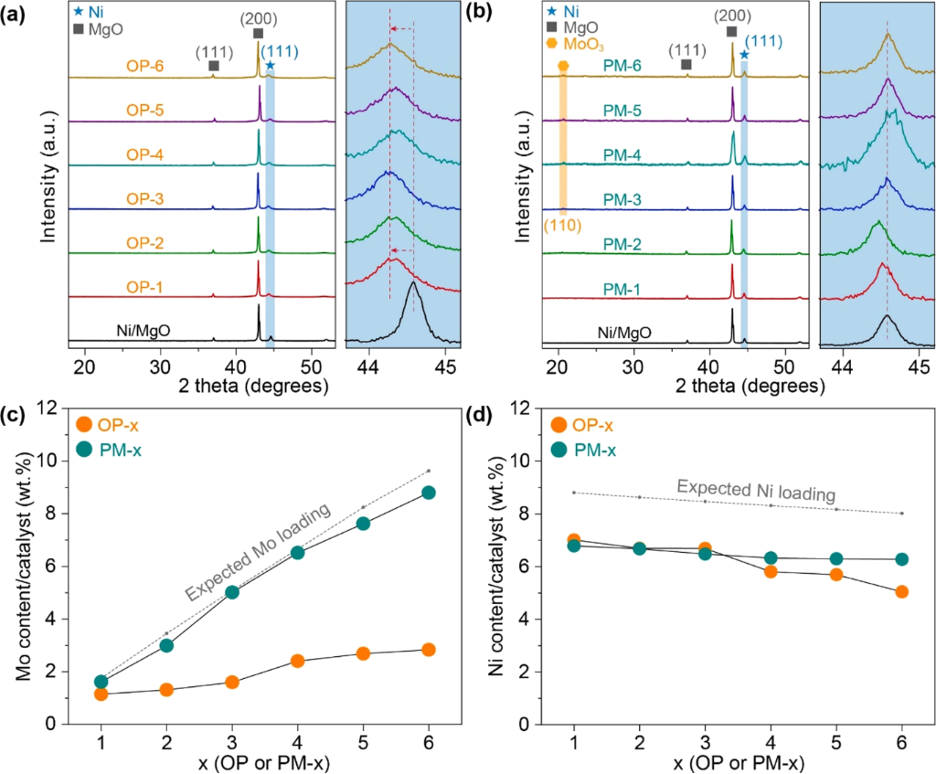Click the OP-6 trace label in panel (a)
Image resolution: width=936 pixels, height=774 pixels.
tap(144, 66)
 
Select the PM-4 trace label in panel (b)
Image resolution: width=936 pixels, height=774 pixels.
tap(622, 155)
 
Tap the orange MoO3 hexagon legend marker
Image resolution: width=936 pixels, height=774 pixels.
tap(551, 44)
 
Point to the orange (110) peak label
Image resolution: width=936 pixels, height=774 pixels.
tap(562, 226)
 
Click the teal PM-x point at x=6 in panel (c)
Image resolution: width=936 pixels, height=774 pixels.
tap(428, 493)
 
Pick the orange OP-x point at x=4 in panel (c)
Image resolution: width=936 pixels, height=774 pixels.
tap(297, 661)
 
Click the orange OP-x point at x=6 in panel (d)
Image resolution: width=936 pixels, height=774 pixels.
tap(901, 591)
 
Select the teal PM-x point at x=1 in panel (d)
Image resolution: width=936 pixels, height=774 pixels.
tap(574, 546)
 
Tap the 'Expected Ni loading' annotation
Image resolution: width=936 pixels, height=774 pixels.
tap(756, 491)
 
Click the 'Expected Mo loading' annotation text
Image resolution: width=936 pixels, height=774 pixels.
tap(257, 551)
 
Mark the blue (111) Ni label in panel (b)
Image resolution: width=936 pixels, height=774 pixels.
tap(763, 41)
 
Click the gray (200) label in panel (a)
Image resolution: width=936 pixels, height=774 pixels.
tap(259, 19)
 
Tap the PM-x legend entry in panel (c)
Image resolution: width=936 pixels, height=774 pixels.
tap(110, 450)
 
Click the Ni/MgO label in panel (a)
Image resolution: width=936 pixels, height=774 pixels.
tap(144, 329)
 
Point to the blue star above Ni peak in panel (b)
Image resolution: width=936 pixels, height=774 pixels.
tap(744, 55)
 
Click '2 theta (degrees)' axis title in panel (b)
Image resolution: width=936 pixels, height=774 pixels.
tap(750, 387)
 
